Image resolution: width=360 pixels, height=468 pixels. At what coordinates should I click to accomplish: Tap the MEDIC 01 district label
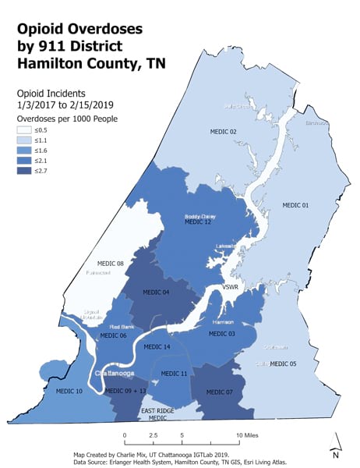[295, 204]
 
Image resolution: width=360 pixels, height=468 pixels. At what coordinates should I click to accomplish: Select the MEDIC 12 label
[198, 222]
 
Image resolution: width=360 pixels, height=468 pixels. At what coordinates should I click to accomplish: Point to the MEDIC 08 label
[110, 264]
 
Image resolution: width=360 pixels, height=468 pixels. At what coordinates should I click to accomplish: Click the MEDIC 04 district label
[156, 292]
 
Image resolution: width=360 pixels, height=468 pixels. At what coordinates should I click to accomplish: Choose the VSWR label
[231, 288]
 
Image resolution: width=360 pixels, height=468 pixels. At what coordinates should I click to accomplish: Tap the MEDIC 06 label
[112, 335]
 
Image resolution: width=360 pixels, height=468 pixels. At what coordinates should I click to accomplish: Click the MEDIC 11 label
[174, 374]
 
